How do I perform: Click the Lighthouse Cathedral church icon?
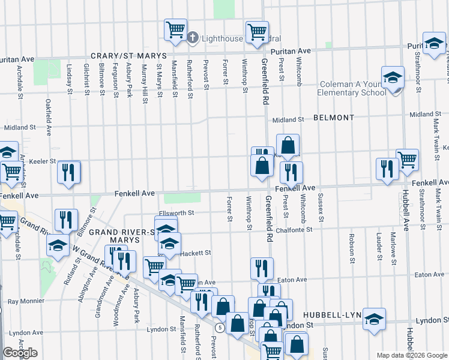tap(193, 38)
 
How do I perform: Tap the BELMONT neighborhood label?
tap(334, 118)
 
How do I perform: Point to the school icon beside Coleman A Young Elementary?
tap(393, 78)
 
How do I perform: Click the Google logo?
tap(20, 353)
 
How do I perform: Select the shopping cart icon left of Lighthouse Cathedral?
tap(175, 29)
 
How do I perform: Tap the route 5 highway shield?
tap(221, 328)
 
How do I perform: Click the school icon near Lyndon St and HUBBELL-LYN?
tap(375, 319)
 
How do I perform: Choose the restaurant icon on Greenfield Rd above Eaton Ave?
tap(261, 268)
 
